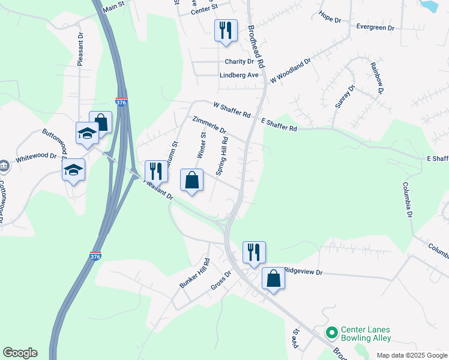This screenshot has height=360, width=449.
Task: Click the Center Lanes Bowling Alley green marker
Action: click(x=331, y=332)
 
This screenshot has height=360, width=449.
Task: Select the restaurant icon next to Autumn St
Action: click(x=155, y=171)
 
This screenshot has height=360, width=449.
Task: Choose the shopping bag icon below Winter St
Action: click(x=191, y=180)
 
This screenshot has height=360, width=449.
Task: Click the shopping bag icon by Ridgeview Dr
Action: click(x=273, y=278)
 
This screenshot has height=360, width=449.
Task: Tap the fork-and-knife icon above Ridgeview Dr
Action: click(x=254, y=252)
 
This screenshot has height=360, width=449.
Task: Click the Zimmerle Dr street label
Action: click(x=209, y=125)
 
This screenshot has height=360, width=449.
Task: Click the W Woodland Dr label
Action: click(x=291, y=71)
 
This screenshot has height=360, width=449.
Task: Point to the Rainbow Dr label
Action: click(x=376, y=77)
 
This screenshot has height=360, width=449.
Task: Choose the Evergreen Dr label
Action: click(x=375, y=28)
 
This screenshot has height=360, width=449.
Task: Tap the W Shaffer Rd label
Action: click(x=232, y=112)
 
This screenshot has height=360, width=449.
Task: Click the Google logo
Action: click(x=20, y=353)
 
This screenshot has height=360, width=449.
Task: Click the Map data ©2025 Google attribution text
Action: click(x=411, y=355)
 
